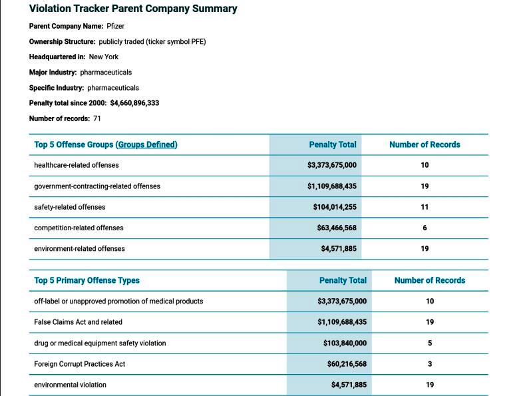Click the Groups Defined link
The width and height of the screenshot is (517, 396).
[x=148, y=144]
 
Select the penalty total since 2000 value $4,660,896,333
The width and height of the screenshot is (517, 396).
[x=134, y=103]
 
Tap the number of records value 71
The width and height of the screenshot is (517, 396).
[x=97, y=118]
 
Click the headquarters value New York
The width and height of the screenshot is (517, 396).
[x=104, y=57]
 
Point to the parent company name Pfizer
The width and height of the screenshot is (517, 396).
[x=116, y=26]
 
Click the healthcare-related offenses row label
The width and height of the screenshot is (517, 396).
[x=77, y=165]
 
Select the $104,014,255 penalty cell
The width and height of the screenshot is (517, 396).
[x=334, y=207]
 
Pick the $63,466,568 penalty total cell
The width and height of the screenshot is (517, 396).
[x=337, y=228]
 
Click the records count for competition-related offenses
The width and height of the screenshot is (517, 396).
[x=425, y=228]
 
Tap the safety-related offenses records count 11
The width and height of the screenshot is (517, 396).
[x=425, y=207]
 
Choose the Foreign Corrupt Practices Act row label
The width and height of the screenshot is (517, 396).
[x=80, y=364]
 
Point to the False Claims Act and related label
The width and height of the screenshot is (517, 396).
[x=79, y=322]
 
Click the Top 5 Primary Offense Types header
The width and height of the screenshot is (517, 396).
[x=87, y=281]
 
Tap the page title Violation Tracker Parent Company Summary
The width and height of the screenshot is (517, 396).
[x=133, y=9]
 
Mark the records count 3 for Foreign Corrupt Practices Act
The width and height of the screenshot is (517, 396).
[x=430, y=364]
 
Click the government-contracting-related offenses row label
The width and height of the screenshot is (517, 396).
[x=97, y=186]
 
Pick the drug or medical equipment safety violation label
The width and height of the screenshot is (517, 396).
[x=100, y=343]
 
